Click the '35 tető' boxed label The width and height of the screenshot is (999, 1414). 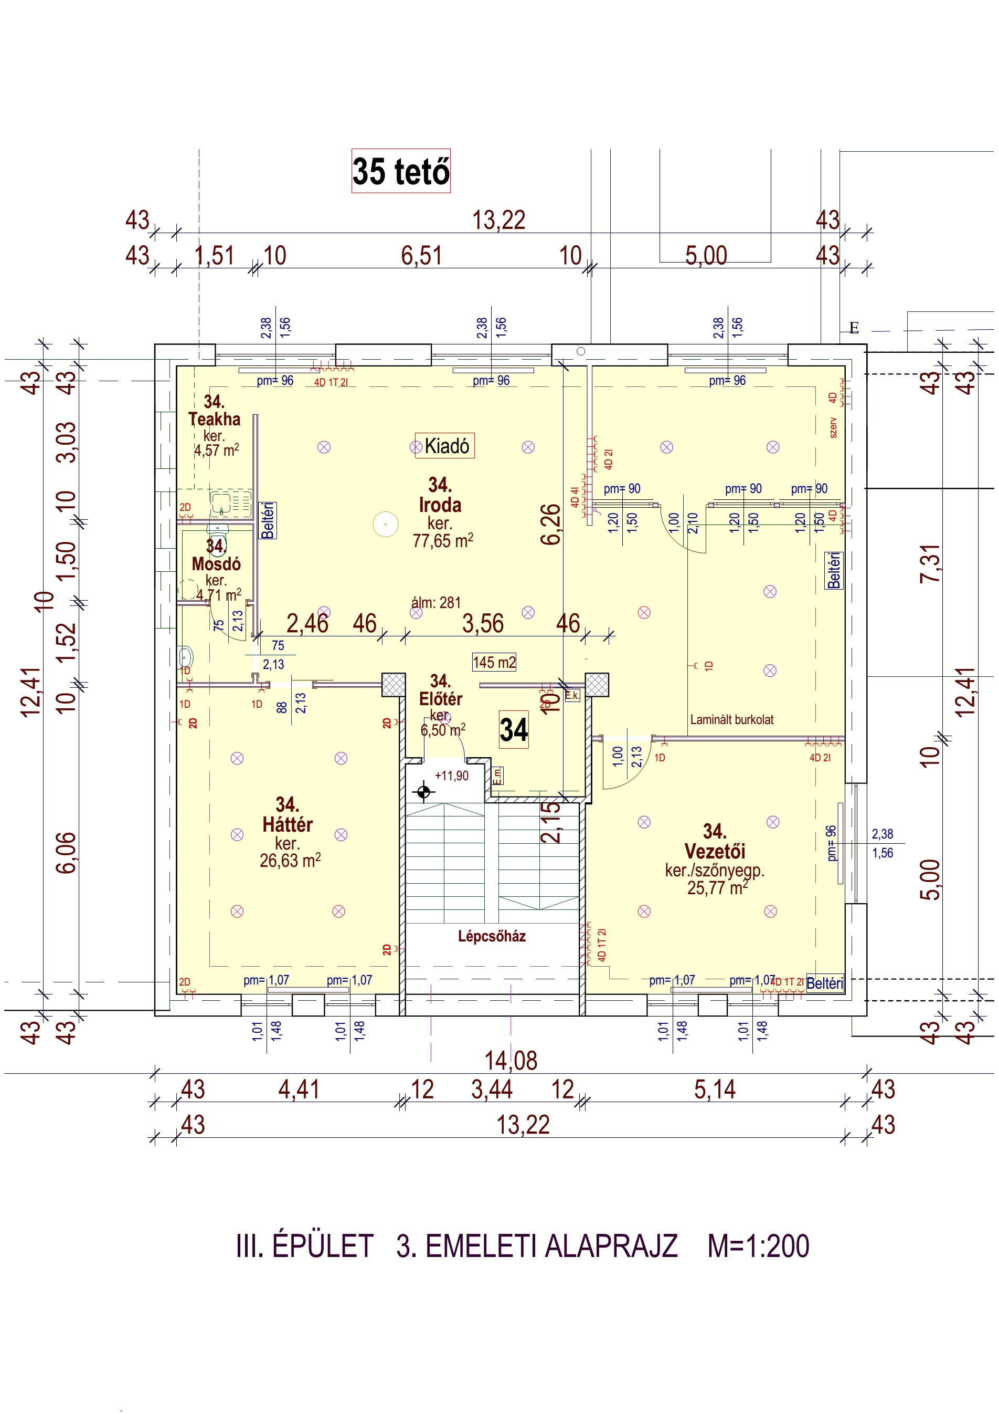coord(401,171)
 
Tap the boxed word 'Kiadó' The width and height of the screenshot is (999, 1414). coord(445,445)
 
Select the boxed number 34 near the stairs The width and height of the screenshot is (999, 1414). coord(513,730)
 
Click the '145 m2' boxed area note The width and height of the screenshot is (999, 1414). coord(494,662)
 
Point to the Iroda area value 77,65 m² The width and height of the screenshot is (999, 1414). coord(442,541)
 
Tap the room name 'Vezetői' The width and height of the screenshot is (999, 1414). coord(715,851)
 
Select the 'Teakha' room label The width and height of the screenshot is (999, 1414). coord(214,419)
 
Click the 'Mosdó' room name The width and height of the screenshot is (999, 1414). coord(216,563)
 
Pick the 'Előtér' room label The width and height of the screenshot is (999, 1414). coord(440,699)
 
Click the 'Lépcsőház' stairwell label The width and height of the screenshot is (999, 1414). coord(492,936)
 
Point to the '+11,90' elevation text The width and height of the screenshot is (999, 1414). coord(452,776)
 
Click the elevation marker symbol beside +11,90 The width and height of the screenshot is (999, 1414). coord(423,792)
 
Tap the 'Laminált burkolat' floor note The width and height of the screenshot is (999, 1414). coord(732,719)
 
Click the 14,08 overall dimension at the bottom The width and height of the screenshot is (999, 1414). coord(511,1061)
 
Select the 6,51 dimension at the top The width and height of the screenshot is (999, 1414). coord(422,256)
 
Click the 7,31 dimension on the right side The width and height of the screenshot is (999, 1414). coord(930,563)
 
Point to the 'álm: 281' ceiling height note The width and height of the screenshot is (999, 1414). coord(436,602)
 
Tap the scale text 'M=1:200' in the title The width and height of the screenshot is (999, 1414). coord(758,1246)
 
